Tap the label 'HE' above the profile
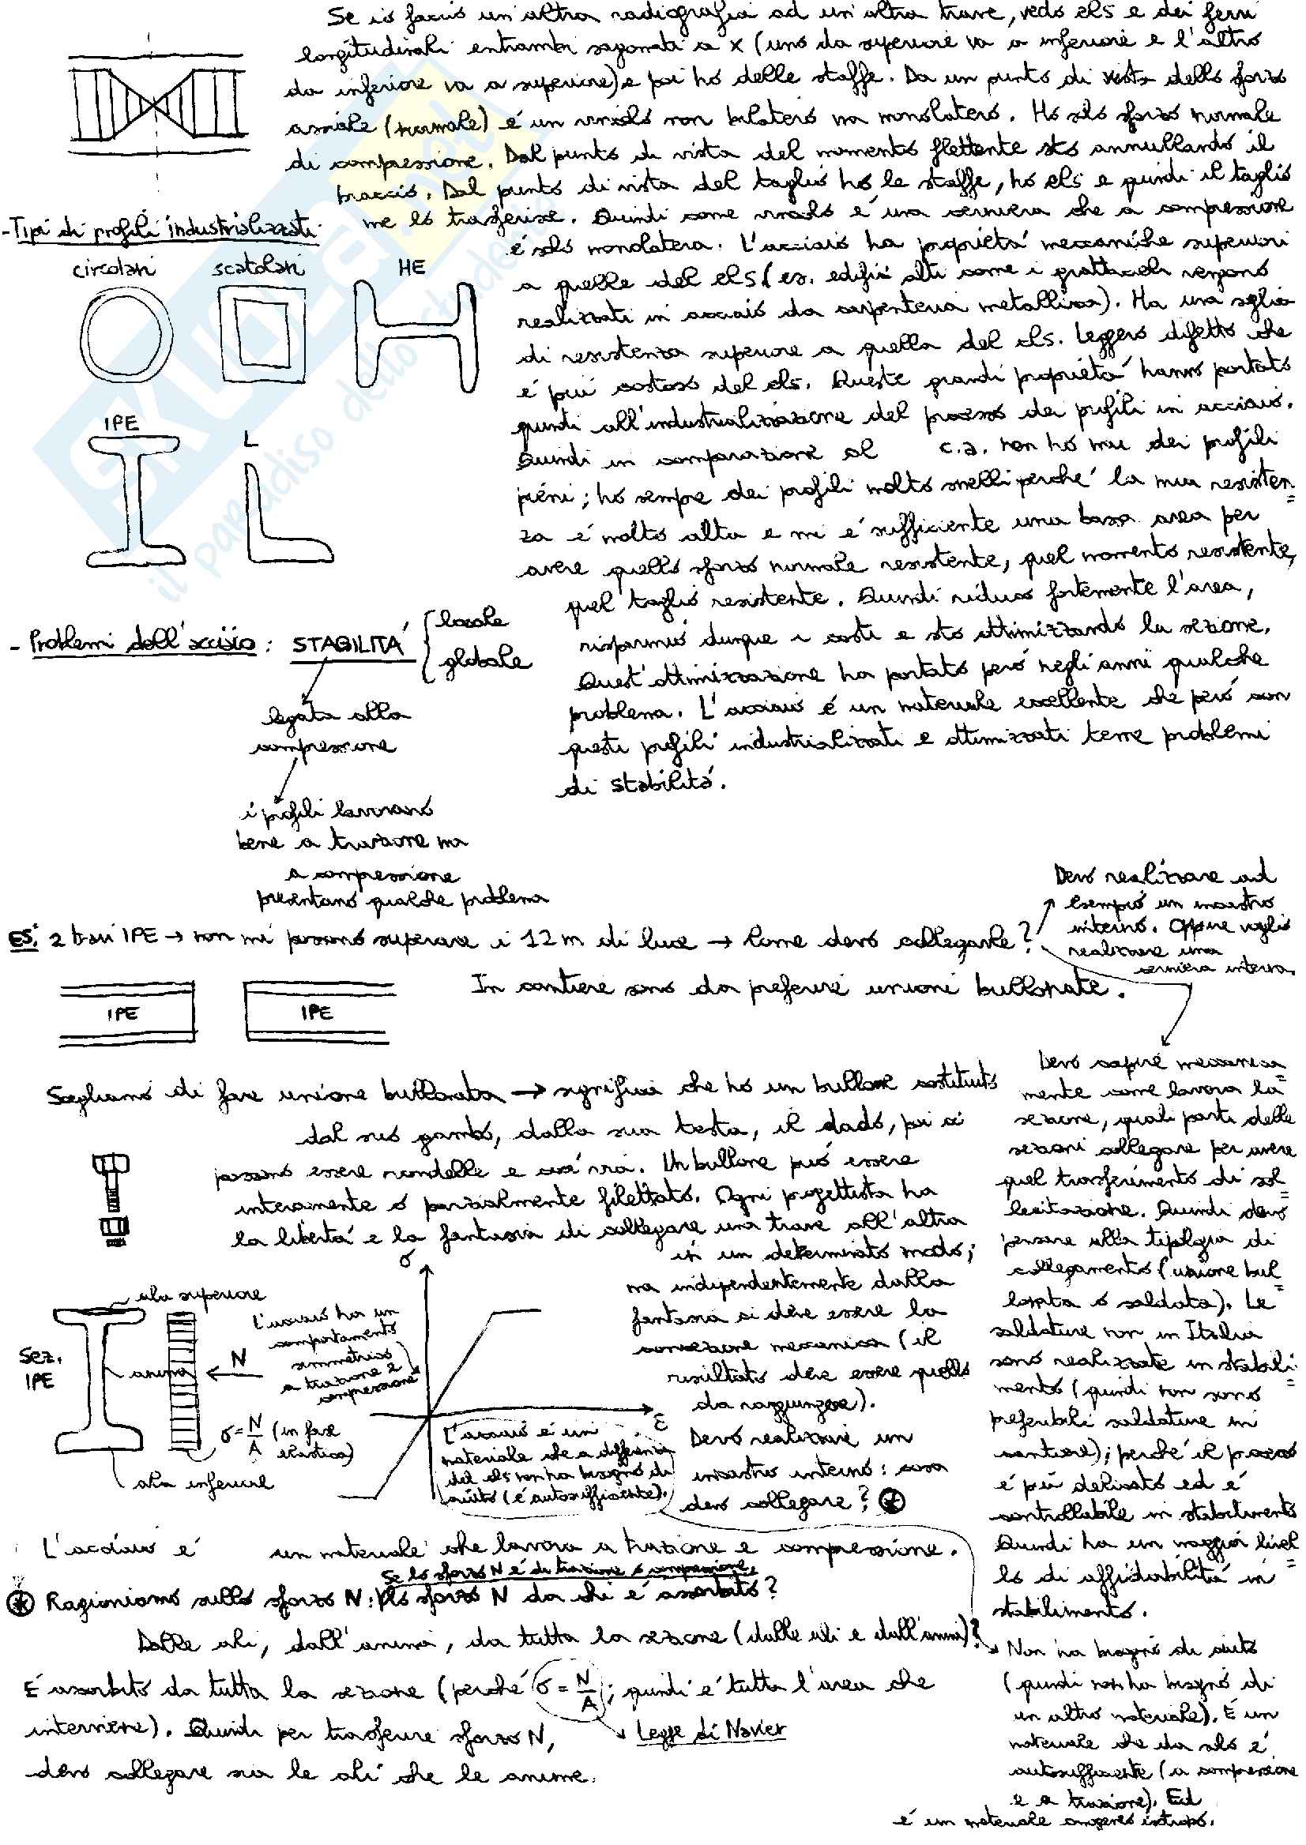click(x=411, y=268)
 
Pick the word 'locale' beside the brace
click(x=472, y=620)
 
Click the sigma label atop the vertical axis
click(x=407, y=1261)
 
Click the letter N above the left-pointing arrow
click(x=239, y=1358)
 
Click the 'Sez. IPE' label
click(x=38, y=1367)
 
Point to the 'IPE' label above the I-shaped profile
click(x=121, y=423)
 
